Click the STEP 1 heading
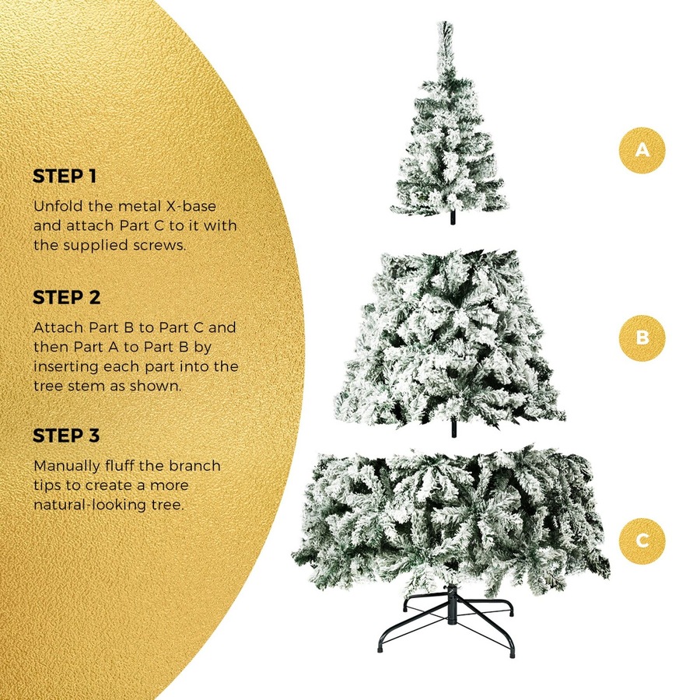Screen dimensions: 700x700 65,176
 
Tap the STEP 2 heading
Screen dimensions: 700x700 67,297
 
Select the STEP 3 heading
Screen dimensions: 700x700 67,436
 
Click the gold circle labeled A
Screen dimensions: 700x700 642,149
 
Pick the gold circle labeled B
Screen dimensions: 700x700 642,338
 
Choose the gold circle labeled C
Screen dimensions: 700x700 642,541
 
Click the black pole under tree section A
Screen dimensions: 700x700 449,219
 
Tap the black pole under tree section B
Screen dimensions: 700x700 453,428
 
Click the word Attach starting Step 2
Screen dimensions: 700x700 54,327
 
